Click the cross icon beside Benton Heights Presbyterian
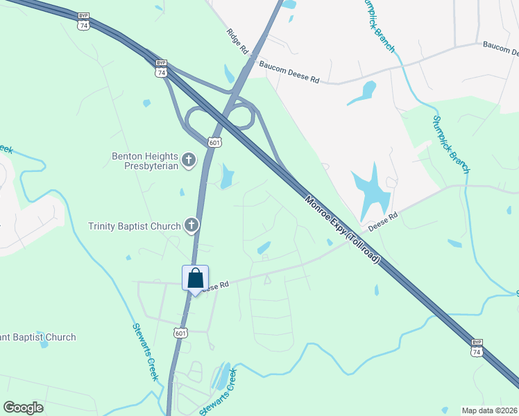coord(188,161)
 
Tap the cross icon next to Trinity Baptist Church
coord(192,225)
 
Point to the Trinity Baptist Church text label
coord(135,225)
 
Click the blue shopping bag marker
coord(195,279)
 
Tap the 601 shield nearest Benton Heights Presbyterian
coord(214,141)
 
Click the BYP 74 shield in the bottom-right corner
coord(477,347)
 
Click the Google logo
coord(23,408)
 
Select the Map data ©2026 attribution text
coord(489,410)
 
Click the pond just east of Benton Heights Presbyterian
coord(226,177)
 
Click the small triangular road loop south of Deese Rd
coord(267,279)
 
